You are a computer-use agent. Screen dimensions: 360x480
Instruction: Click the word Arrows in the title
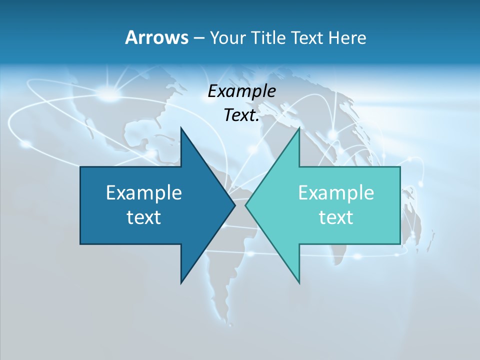click(x=156, y=37)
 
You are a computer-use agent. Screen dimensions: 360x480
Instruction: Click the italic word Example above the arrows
click(x=241, y=91)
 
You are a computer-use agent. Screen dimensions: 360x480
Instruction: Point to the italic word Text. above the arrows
click(x=241, y=115)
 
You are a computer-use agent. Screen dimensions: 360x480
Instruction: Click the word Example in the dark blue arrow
click(x=144, y=192)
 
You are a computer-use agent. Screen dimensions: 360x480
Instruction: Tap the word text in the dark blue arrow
click(x=144, y=217)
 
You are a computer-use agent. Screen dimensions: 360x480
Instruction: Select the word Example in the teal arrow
click(x=336, y=192)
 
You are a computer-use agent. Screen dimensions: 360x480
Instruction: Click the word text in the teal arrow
click(x=336, y=217)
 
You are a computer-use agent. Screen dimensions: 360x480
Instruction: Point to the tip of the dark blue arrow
click(x=235, y=205)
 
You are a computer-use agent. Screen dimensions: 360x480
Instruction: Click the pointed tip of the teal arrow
click(x=246, y=205)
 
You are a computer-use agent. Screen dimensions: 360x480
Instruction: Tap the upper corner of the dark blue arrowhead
click(x=181, y=128)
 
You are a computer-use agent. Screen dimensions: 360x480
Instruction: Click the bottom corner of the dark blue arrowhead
click(x=181, y=282)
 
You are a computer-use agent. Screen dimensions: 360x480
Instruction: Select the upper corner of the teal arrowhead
click(x=299, y=128)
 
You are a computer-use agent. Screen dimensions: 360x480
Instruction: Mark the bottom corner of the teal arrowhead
click(x=299, y=282)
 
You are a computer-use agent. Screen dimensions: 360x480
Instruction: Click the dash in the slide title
click(x=198, y=38)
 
